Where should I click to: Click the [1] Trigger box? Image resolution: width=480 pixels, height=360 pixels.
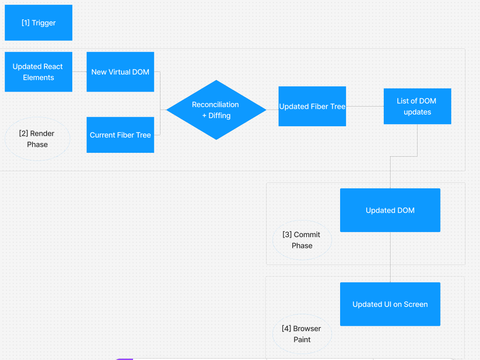click(39, 23)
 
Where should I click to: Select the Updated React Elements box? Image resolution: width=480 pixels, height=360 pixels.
click(39, 72)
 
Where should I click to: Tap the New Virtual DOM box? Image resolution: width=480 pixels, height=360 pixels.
click(120, 72)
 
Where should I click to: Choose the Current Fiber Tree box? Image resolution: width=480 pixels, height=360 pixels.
click(120, 135)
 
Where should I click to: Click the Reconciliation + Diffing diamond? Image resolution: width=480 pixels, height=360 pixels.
click(216, 110)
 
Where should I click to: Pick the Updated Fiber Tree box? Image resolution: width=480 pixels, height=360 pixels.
click(312, 107)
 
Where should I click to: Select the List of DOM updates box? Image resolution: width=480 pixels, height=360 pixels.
click(417, 106)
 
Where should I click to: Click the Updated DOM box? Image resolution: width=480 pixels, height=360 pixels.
click(390, 210)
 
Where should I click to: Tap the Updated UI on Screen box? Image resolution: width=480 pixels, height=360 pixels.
click(390, 304)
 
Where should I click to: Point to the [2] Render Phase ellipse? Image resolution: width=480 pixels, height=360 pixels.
click(37, 139)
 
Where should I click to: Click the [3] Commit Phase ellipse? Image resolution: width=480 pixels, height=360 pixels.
click(302, 240)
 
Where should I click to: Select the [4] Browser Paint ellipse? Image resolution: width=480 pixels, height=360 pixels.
click(302, 334)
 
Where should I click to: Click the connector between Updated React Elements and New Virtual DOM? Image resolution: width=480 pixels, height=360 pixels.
click(80, 71)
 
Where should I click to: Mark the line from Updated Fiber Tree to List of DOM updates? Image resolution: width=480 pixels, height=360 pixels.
click(364, 106)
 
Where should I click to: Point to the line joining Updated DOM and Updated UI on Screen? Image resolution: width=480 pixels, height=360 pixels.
click(390, 257)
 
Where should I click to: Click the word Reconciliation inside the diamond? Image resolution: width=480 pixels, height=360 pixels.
click(215, 104)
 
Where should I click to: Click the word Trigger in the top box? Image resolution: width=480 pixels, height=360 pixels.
click(44, 23)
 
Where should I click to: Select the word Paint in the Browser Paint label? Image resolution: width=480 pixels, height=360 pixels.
click(302, 339)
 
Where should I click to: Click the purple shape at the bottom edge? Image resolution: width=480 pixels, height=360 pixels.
click(124, 359)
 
